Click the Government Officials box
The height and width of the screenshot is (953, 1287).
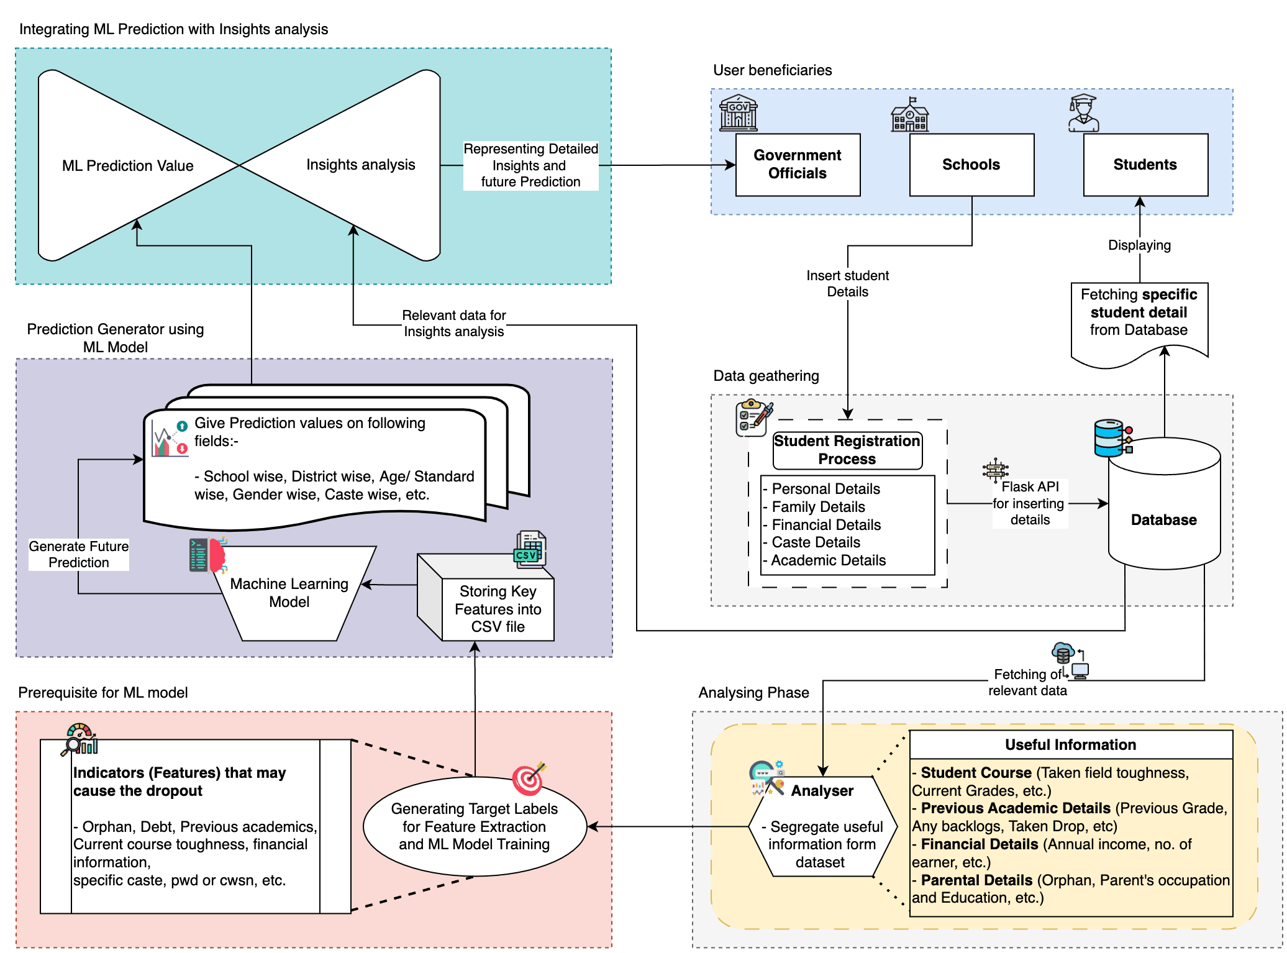[798, 165]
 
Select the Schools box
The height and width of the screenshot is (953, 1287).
[971, 165]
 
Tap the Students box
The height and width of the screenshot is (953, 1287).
[1145, 165]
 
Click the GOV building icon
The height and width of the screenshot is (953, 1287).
[738, 113]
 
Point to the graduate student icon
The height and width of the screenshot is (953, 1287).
[1083, 113]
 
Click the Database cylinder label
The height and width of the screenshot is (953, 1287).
[1163, 520]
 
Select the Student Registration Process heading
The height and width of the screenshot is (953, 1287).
[847, 450]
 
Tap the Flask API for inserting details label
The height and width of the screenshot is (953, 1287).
[1029, 503]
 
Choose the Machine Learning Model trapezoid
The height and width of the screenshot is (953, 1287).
[289, 593]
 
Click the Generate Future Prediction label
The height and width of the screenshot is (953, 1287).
[79, 554]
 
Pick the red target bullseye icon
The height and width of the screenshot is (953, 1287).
[529, 779]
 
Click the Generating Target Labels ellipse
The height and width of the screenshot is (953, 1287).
[475, 826]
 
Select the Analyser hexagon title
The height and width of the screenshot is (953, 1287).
[822, 791]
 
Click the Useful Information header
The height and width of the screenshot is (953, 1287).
[1070, 745]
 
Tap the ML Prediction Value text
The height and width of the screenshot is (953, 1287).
[128, 166]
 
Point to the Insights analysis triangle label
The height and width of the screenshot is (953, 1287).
[360, 165]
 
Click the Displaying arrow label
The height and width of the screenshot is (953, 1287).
[1139, 245]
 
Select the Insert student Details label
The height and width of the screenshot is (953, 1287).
[847, 283]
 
